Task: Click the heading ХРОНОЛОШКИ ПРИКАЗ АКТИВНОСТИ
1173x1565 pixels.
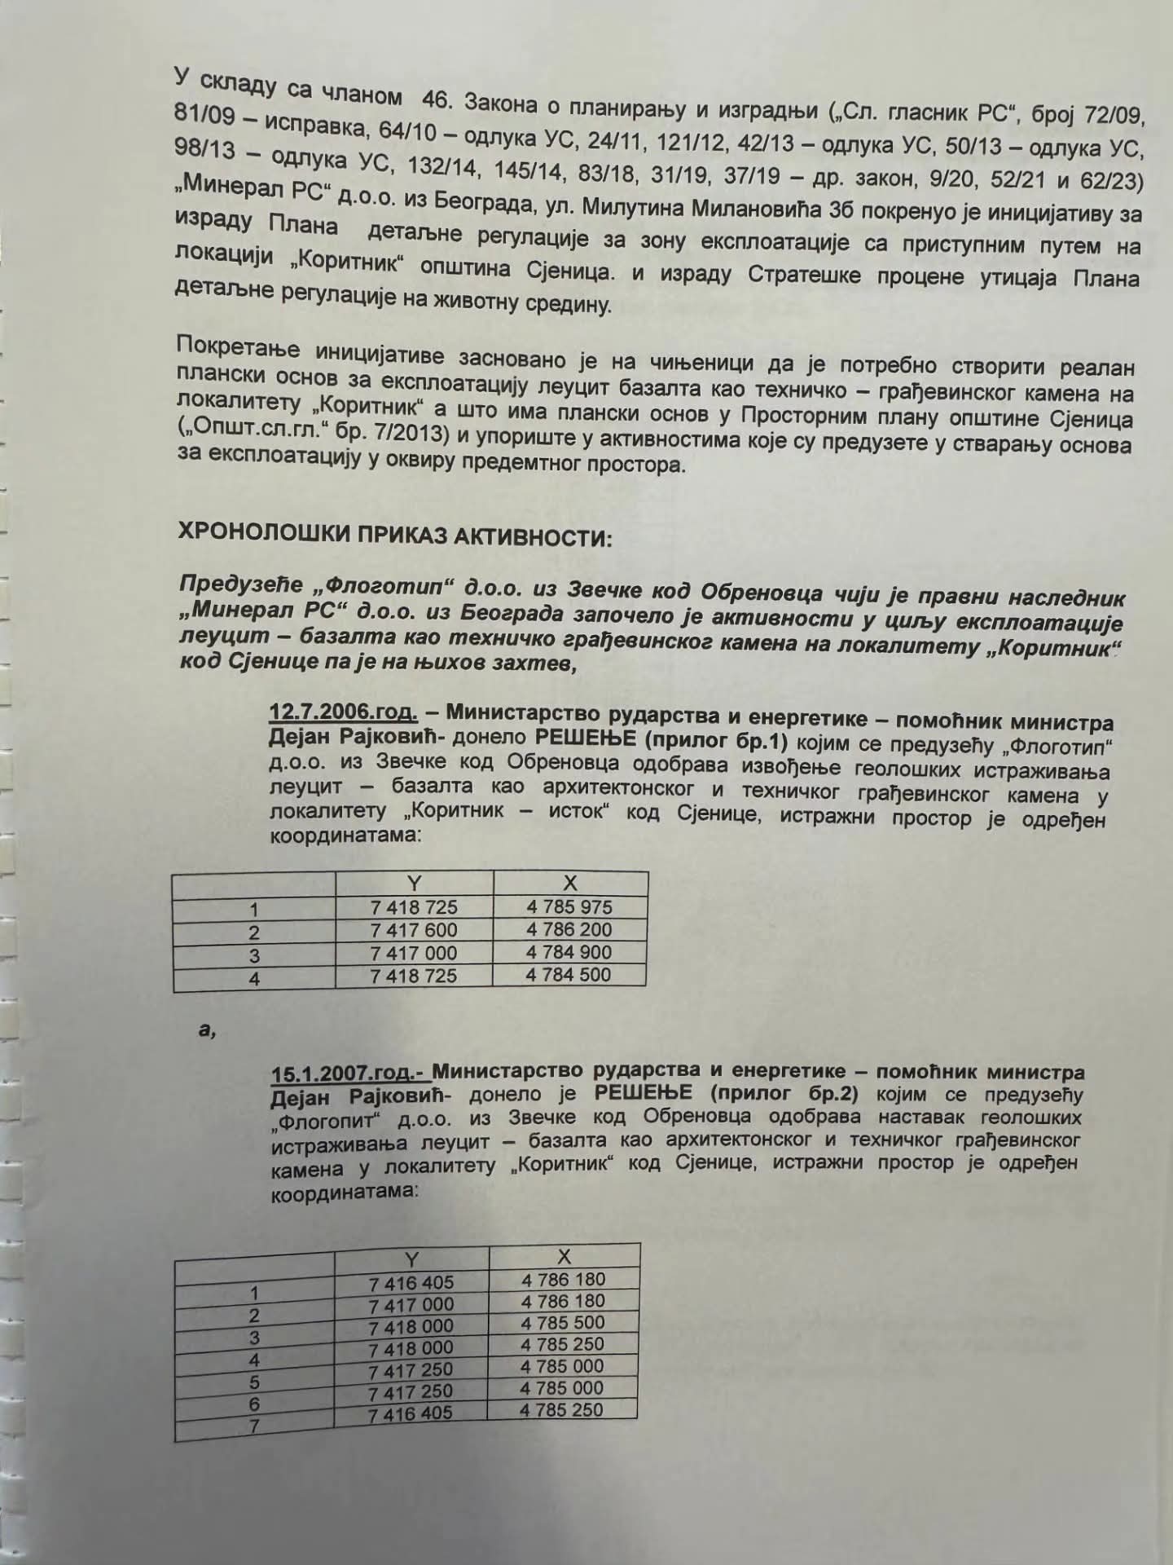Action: pyautogui.click(x=394, y=538)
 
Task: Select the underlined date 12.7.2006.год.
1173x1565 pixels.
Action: pyautogui.click(x=343, y=712)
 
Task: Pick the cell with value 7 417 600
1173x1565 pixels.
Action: pyautogui.click(x=414, y=930)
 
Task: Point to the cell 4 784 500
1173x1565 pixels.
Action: pyautogui.click(x=569, y=974)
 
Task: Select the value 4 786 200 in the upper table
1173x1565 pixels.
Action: pyautogui.click(x=569, y=929)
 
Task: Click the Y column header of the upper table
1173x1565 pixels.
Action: pyautogui.click(x=414, y=884)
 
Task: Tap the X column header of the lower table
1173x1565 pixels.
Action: pyautogui.click(x=564, y=1257)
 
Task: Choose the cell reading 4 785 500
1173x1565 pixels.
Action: pyautogui.click(x=563, y=1323)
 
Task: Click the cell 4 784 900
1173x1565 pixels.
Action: pyautogui.click(x=569, y=952)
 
